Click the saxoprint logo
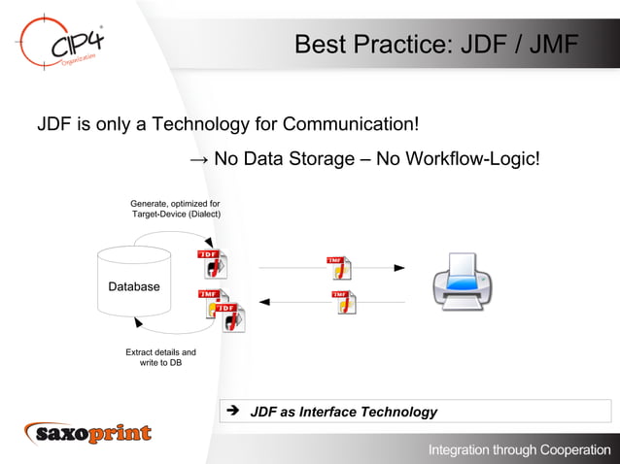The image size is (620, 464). point(88,433)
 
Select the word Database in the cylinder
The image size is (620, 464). point(134,287)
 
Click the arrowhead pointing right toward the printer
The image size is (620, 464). point(398,267)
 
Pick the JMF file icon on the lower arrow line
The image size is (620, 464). point(343,302)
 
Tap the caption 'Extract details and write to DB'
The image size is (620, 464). point(160,358)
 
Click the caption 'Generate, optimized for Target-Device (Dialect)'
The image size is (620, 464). point(176,208)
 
